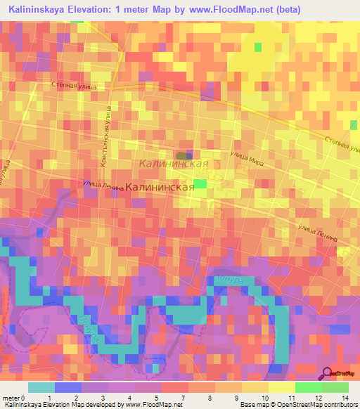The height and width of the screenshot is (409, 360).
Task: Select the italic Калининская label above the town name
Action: [x=173, y=164]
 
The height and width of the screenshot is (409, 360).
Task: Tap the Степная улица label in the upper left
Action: [x=77, y=85]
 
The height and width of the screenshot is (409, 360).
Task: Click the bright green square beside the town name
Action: [x=200, y=183]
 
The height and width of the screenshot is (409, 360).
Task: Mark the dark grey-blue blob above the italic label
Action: [x=184, y=155]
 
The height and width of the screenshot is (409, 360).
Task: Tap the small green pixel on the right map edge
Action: [x=353, y=125]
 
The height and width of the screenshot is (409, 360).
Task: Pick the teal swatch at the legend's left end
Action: [x=41, y=387]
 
